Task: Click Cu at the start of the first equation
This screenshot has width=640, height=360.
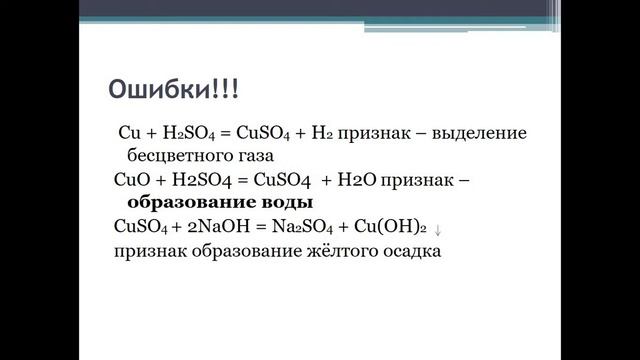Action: [130, 133]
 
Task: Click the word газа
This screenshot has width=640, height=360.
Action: [252, 157]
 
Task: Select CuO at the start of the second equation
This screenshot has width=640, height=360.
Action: [131, 180]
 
